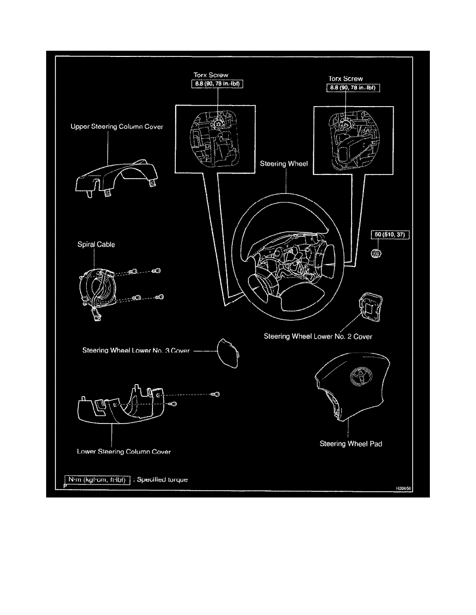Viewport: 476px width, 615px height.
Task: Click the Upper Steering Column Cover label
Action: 117,126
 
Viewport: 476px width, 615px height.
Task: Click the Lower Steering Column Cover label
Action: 124,451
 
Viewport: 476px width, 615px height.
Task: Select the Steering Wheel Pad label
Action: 351,444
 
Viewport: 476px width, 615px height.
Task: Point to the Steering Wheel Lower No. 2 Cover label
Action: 318,336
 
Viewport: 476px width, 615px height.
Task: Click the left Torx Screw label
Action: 211,76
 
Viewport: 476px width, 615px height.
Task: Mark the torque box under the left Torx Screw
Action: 215,85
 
